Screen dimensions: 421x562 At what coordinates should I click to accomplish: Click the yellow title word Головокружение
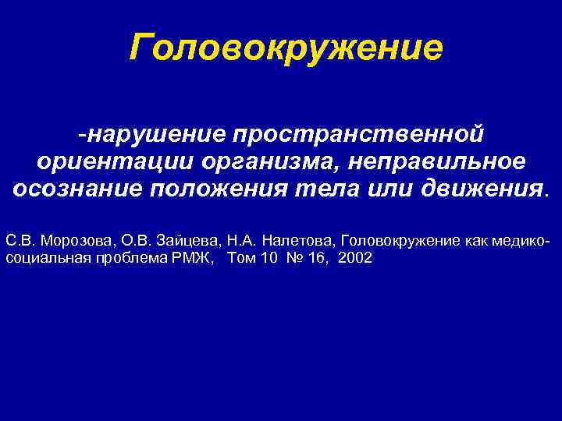click(x=286, y=49)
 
